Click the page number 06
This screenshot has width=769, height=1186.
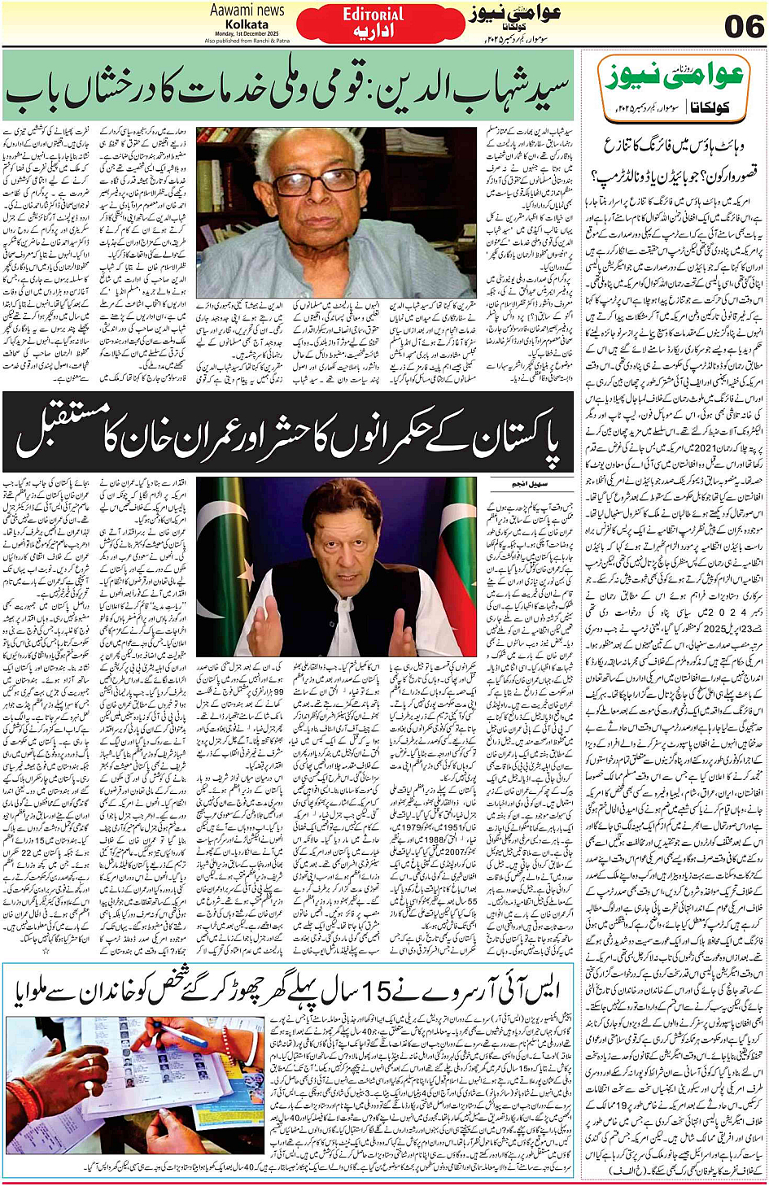coord(744,27)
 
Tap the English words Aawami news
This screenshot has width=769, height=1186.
coord(247,11)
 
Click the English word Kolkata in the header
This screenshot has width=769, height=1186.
coord(247,24)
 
